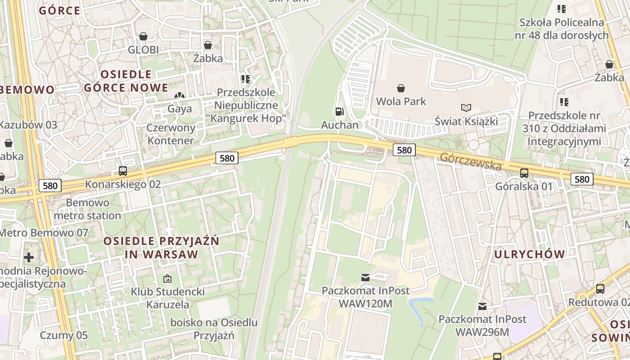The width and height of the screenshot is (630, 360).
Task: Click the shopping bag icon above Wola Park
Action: tap(400, 88)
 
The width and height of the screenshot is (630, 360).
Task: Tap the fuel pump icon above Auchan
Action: tap(339, 112)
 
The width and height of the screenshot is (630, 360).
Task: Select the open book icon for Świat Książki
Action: tap(466, 108)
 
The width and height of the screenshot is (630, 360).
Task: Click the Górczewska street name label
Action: tap(471, 162)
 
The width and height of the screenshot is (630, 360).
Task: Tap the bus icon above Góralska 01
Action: tap(524, 173)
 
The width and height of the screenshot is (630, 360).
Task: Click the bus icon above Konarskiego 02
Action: tap(122, 171)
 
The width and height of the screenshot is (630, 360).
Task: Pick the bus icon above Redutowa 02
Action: tap(600, 289)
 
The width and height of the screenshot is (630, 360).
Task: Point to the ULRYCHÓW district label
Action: tap(530, 254)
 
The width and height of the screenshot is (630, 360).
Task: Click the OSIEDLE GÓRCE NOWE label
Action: tap(126, 81)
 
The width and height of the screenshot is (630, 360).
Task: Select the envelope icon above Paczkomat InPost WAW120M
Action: tap(365, 277)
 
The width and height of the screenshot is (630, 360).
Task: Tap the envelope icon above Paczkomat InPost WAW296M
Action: tap(482, 306)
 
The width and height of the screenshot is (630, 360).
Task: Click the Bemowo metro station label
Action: tap(87, 209)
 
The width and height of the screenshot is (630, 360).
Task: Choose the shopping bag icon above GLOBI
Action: tap(143, 36)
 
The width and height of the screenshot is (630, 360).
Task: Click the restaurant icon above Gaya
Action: tap(180, 95)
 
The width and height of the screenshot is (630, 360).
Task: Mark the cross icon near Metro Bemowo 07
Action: tap(29, 257)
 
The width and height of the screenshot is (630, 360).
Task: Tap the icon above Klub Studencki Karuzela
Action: tap(167, 279)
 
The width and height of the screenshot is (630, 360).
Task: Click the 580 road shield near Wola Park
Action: tap(404, 150)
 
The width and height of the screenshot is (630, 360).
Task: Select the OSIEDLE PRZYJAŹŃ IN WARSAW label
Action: tap(162, 247)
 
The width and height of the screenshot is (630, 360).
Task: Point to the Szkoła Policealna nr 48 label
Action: tap(564, 28)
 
